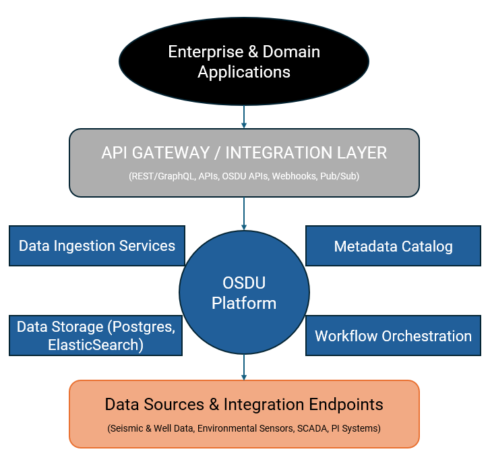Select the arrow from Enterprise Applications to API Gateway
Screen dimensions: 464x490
[x=244, y=115]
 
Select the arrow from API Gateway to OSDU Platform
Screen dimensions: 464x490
[x=244, y=214]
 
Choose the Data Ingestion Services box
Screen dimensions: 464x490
[x=96, y=245]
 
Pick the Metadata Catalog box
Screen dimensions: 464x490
[x=393, y=246]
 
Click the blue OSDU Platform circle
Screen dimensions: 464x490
[x=244, y=293]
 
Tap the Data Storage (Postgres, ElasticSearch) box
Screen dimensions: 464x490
[x=96, y=335]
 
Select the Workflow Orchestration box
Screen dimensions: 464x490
[x=393, y=335]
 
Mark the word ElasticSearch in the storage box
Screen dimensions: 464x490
[x=96, y=345]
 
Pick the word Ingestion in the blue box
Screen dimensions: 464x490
[x=88, y=245]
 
